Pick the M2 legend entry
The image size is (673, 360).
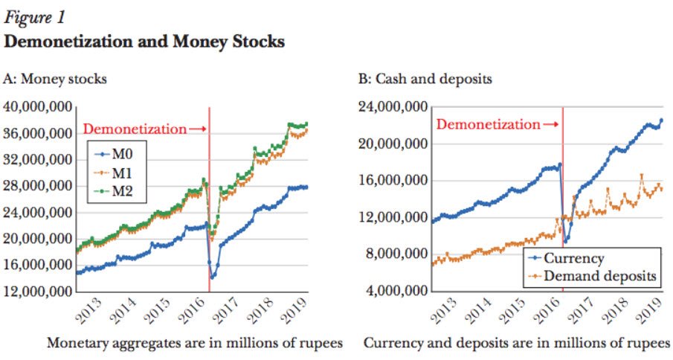click(123, 193)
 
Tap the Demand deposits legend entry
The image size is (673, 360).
click(599, 276)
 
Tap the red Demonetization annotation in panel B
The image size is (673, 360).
click(488, 124)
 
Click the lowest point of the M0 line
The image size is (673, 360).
click(213, 277)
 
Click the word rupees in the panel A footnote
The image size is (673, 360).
click(323, 344)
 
